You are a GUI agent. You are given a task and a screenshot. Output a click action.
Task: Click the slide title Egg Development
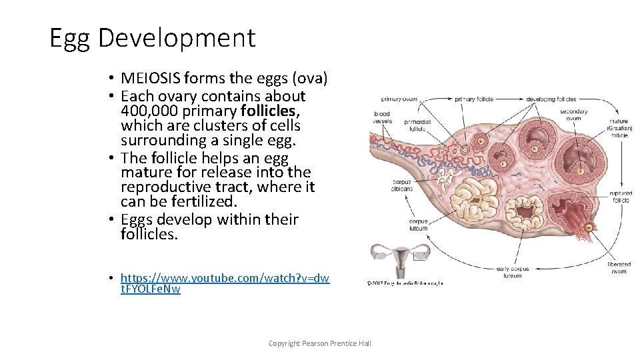click(x=152, y=38)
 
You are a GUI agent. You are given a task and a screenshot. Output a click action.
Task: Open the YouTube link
click(x=225, y=283)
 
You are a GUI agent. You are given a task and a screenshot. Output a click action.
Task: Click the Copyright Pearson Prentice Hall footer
click(x=319, y=343)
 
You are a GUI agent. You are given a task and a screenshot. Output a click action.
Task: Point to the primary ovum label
click(x=399, y=99)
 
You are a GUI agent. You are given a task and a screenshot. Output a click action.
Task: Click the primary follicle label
click(x=474, y=99)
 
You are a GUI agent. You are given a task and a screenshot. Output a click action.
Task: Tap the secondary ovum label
click(x=573, y=115)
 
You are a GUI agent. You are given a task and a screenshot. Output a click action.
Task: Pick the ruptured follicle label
click(x=620, y=196)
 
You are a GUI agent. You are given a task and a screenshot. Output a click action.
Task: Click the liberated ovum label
click(x=619, y=268)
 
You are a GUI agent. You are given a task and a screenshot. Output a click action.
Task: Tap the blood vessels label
click(x=382, y=117)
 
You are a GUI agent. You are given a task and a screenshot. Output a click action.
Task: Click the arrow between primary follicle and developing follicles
click(x=510, y=99)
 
